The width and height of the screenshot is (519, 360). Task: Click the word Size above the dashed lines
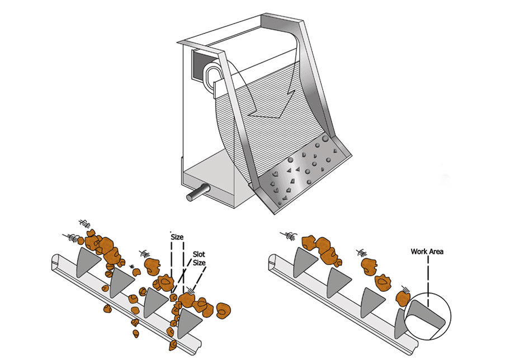177,237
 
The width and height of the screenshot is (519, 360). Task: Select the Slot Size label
199,258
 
